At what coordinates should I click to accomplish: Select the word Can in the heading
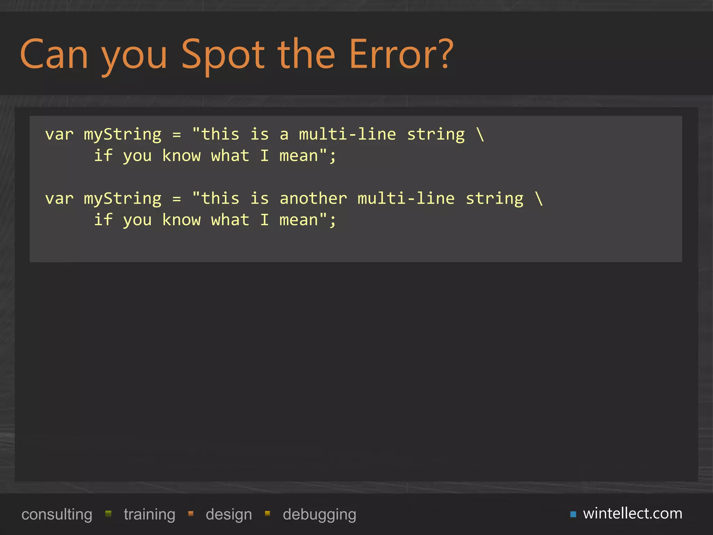click(x=54, y=55)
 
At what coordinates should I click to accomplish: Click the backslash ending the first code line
click(x=480, y=134)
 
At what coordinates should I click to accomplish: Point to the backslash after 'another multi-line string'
click(x=539, y=199)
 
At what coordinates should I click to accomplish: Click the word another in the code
click(x=313, y=199)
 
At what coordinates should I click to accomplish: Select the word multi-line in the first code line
click(x=347, y=134)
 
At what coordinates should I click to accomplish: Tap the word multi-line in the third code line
click(x=406, y=199)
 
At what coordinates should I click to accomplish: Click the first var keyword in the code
click(x=59, y=134)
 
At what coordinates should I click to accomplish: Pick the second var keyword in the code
click(x=59, y=199)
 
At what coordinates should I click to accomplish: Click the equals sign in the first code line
click(x=177, y=134)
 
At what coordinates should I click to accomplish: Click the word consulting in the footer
click(x=57, y=514)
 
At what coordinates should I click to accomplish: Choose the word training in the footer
click(x=149, y=514)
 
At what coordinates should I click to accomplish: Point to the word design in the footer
click(x=229, y=514)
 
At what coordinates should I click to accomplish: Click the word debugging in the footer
click(x=319, y=514)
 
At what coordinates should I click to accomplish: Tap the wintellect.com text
click(x=633, y=513)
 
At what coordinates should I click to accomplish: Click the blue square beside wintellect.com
click(x=573, y=514)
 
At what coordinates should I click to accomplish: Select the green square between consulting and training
click(x=108, y=513)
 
